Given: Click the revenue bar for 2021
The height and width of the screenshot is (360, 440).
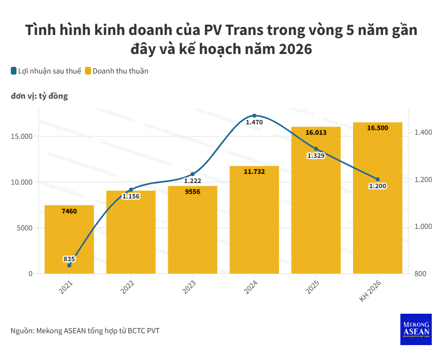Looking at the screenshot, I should [x=69, y=242].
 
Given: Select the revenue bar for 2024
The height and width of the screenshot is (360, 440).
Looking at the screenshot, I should [x=254, y=221].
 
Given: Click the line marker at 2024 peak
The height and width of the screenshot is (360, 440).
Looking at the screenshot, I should [x=254, y=116].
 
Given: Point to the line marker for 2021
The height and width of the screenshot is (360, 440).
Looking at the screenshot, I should [x=69, y=265].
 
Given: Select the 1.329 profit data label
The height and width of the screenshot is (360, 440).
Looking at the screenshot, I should [x=315, y=155].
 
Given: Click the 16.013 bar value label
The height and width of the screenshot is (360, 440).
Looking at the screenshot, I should [x=315, y=133].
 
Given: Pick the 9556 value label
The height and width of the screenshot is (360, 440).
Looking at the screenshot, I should [x=192, y=191].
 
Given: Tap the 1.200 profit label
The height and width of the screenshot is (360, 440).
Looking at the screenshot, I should [x=377, y=186].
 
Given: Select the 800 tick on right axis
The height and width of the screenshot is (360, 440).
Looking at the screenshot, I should [x=420, y=274].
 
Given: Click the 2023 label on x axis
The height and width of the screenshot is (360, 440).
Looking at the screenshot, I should [x=189, y=287].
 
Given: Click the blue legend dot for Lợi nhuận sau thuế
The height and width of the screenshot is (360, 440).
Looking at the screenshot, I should [x=13, y=71].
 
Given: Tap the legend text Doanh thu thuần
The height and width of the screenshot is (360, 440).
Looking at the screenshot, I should [x=120, y=71].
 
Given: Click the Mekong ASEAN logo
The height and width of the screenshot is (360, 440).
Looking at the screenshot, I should [x=415, y=329].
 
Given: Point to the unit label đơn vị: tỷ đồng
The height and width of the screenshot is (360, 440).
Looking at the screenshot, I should [x=39, y=96].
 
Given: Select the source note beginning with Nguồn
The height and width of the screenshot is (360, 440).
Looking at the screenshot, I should [x=85, y=331].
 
